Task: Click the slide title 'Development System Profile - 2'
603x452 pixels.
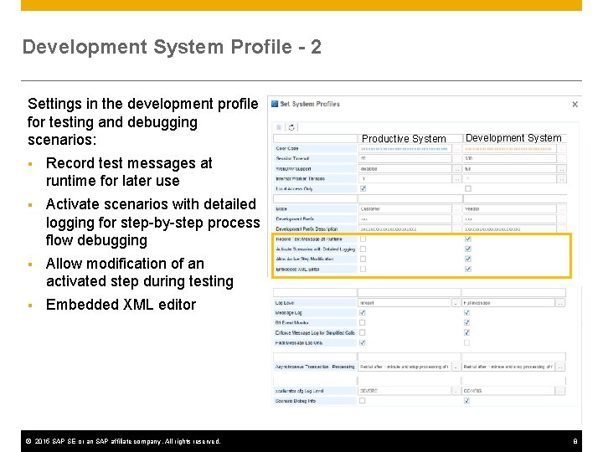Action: (x=172, y=47)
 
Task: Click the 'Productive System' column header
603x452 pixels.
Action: (x=404, y=138)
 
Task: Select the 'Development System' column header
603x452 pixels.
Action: (x=513, y=138)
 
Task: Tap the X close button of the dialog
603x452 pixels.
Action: (x=575, y=105)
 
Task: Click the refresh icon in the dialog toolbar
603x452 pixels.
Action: (x=291, y=127)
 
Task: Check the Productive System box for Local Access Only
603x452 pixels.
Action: (x=363, y=188)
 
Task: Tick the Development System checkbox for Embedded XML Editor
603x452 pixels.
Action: (x=467, y=270)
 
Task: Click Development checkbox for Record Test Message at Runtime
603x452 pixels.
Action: (x=467, y=239)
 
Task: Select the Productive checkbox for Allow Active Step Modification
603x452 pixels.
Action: (x=363, y=259)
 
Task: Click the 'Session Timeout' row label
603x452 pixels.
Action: (x=293, y=158)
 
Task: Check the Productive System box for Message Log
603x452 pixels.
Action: (x=363, y=313)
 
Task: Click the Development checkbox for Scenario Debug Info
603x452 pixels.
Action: (x=467, y=401)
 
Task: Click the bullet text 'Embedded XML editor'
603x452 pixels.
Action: (x=121, y=305)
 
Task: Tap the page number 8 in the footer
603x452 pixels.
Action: (x=575, y=441)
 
